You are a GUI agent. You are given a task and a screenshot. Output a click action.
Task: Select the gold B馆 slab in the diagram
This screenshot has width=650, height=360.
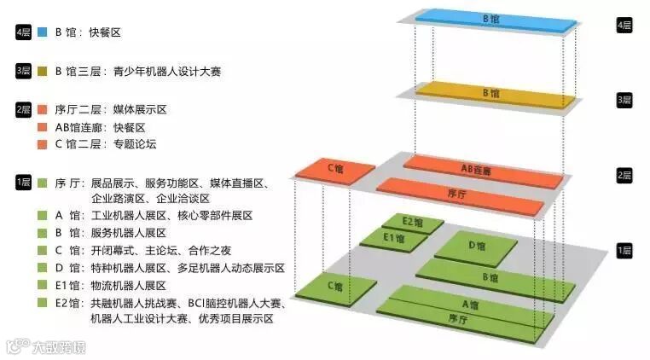point(490,93)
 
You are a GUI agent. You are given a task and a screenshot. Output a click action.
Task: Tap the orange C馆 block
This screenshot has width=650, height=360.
point(334,170)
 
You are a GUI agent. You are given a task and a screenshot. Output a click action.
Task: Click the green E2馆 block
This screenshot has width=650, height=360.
point(412,223)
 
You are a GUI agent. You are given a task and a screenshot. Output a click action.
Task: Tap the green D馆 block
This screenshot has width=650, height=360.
point(476,247)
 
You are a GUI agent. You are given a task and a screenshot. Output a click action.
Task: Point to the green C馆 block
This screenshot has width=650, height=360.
point(334,287)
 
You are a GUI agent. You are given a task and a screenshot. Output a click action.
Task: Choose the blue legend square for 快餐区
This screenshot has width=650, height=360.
point(42,32)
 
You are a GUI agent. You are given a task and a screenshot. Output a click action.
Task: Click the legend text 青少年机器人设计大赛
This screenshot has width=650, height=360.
point(167,72)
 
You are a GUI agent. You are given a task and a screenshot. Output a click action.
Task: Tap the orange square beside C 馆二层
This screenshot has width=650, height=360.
point(42,144)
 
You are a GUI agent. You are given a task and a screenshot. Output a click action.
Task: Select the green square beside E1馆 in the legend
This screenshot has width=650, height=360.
point(42,285)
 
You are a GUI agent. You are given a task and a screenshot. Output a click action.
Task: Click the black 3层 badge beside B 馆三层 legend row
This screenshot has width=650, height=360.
point(23,72)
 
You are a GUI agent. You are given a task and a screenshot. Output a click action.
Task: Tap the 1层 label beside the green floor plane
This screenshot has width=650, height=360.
point(624,250)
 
